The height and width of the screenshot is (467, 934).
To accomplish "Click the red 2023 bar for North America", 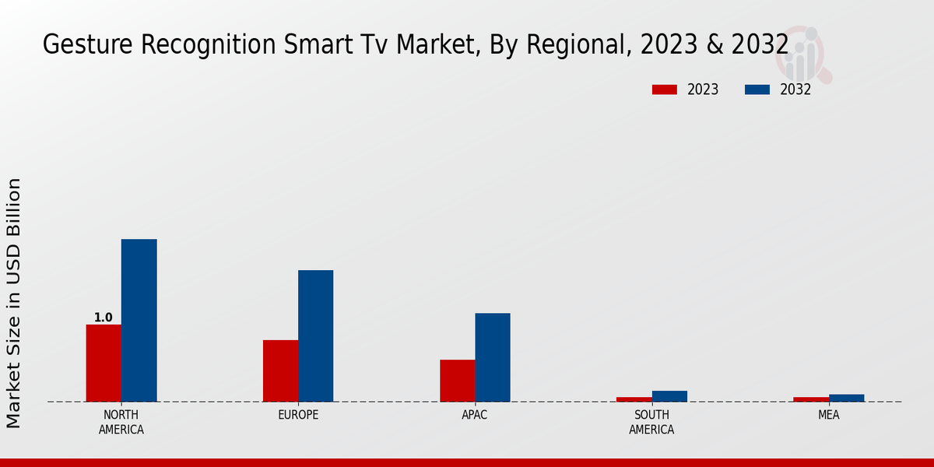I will [104, 363].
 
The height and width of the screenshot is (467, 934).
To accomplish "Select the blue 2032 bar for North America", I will [139, 320].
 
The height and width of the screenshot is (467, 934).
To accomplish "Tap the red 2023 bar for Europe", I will [280, 370].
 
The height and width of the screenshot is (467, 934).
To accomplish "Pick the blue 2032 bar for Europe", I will [315, 335].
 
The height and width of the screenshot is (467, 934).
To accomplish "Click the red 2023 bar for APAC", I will [457, 381].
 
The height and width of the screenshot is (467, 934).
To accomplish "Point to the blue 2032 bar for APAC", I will [493, 357].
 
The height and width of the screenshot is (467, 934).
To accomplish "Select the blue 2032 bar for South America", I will [669, 396].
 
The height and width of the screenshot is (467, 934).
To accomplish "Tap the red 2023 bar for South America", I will [634, 399].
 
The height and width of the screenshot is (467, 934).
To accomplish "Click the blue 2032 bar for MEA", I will [846, 398].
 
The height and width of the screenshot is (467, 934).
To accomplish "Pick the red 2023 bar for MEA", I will [811, 399].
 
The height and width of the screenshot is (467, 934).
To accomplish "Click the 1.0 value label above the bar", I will [103, 318].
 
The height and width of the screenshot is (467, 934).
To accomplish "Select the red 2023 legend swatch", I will [664, 90].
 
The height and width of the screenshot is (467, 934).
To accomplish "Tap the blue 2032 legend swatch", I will [757, 90].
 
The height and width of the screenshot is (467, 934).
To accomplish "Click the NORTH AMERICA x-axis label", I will [121, 422].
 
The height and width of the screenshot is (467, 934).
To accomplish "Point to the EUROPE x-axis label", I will [298, 415].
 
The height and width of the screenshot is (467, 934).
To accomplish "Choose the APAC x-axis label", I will [475, 415].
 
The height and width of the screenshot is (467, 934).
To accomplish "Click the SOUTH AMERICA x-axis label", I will [651, 422].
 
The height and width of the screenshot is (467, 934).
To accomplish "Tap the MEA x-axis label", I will [828, 415].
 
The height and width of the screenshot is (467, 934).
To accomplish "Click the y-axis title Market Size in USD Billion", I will [14, 303].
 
